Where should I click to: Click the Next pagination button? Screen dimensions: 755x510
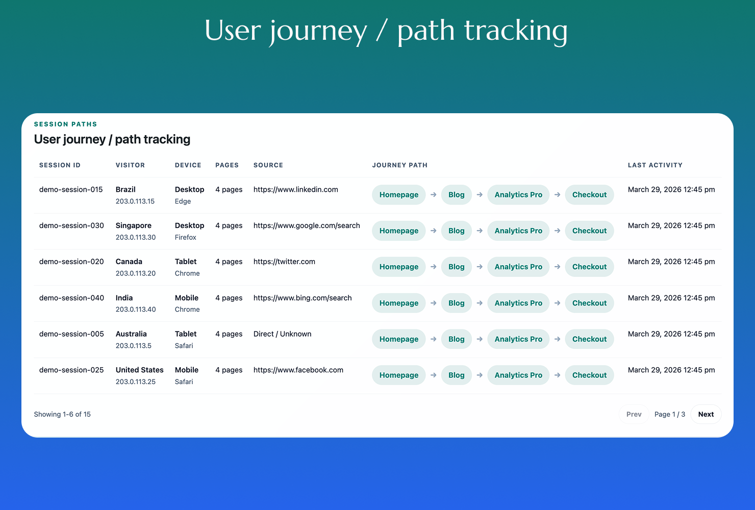pos(706,414)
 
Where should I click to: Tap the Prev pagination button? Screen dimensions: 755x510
pos(634,414)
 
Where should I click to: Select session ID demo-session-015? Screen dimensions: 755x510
pos(71,189)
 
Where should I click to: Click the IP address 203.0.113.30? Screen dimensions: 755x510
pos(136,237)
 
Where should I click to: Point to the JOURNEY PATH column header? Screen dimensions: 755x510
pos(400,165)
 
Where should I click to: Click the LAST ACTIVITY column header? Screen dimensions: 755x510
pos(655,165)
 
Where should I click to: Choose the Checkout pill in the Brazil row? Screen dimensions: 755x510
pos(589,195)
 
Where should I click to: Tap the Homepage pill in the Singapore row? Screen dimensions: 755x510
pos(399,231)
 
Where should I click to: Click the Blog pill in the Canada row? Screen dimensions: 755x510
pos(457,267)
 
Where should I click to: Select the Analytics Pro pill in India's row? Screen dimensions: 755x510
pos(518,303)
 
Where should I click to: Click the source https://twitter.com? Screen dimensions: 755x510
pos(284,262)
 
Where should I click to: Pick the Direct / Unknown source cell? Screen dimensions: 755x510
pos(283,334)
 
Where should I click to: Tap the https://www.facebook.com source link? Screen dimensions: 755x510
pos(298,370)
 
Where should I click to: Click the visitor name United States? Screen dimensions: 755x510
pos(140,370)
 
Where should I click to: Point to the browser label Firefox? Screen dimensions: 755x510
pos(185,237)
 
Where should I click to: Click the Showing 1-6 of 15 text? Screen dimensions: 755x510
pos(62,414)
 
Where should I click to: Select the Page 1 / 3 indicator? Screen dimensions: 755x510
pos(670,414)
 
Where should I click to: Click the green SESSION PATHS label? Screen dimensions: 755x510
pos(65,124)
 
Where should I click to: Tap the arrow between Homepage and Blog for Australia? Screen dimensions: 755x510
pos(434,339)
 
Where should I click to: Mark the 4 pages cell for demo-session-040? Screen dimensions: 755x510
pos(229,298)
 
